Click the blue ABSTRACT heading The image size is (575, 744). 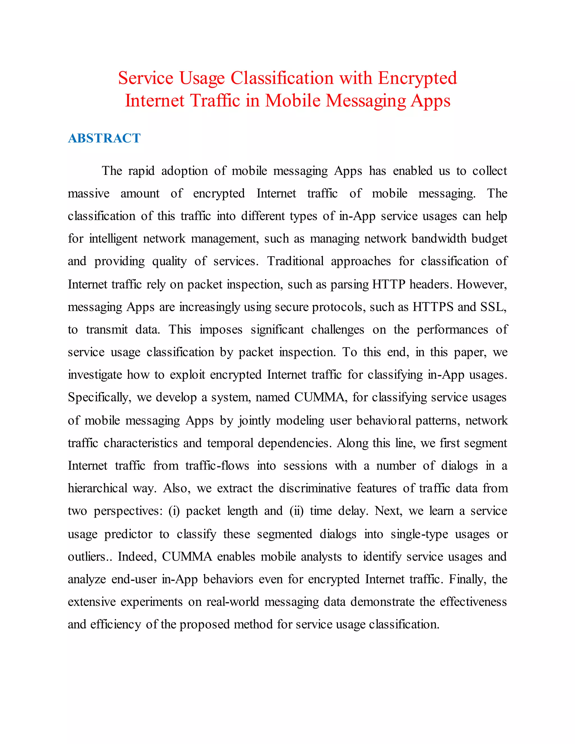tap(104, 138)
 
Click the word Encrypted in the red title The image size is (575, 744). tap(417, 78)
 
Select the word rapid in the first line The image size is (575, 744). tap(141, 171)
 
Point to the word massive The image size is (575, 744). tap(88, 193)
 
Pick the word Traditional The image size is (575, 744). tap(295, 261)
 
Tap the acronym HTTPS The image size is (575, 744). tap(433, 307)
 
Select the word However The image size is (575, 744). tap(481, 284)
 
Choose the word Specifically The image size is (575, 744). tap(99, 398)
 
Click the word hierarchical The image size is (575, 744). tap(97, 489)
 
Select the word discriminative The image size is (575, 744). tap(315, 489)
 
